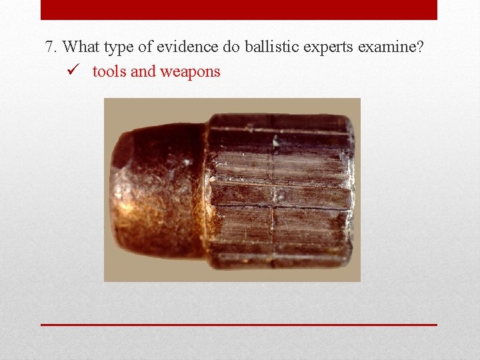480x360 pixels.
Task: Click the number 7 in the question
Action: tap(49, 47)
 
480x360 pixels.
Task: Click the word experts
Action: tap(317, 48)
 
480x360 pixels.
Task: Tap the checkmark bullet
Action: tap(74, 71)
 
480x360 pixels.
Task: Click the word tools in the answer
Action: tap(109, 71)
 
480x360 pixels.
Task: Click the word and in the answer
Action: tap(143, 71)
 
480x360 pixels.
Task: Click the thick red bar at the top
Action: tap(239, 10)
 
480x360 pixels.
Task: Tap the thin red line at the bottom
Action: tap(239, 325)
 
